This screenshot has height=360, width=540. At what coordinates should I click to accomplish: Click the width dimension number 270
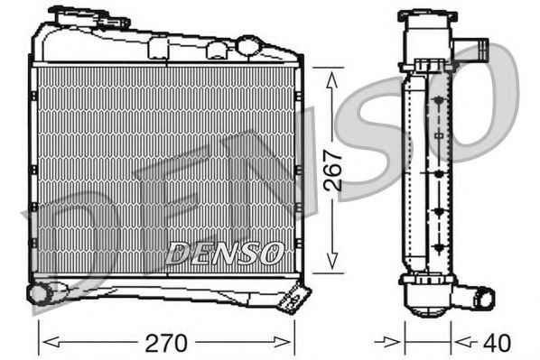coord(166,343)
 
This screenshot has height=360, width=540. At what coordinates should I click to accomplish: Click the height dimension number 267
coord(332,170)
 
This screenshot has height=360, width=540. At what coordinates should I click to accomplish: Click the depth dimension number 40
coord(497,343)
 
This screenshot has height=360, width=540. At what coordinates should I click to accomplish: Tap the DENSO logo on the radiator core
coord(224,253)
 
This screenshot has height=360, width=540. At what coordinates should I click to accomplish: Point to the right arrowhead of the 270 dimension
coord(282,343)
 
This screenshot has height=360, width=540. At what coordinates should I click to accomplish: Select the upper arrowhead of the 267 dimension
coord(332,81)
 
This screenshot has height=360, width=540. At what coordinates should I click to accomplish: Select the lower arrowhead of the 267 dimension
coord(332,260)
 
